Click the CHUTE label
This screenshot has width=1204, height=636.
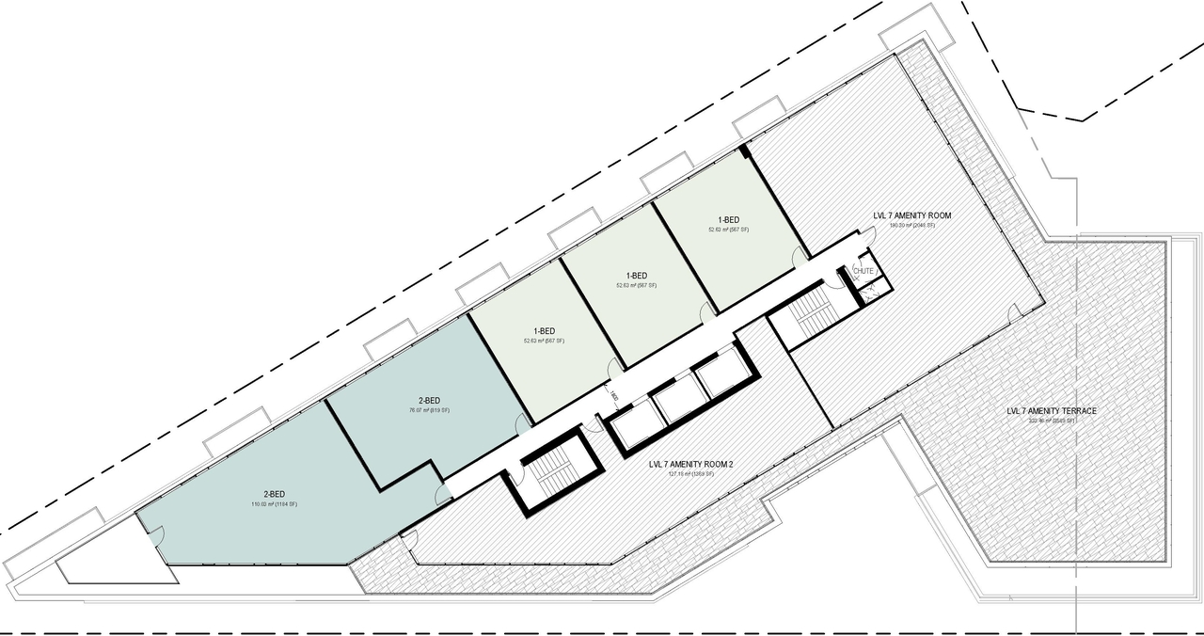tap(863, 271)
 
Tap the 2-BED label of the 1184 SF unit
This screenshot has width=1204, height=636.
tap(274, 494)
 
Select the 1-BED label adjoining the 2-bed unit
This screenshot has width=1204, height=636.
tap(543, 330)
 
